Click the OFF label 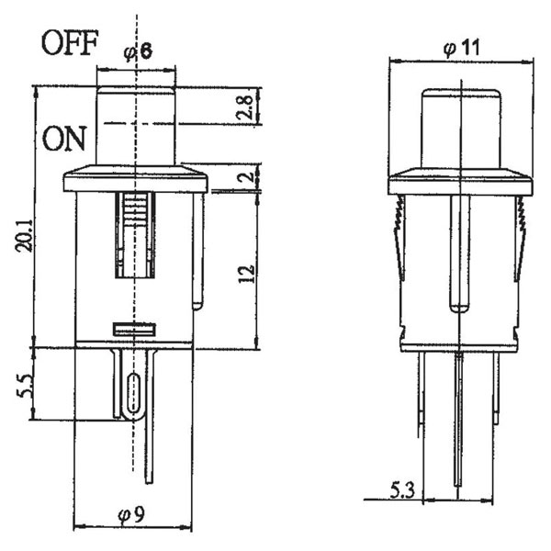tap(68, 44)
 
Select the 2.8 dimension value tap(243, 107)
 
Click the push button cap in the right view tap(459, 129)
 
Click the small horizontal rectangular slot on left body tap(134, 327)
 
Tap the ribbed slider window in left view tap(134, 234)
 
